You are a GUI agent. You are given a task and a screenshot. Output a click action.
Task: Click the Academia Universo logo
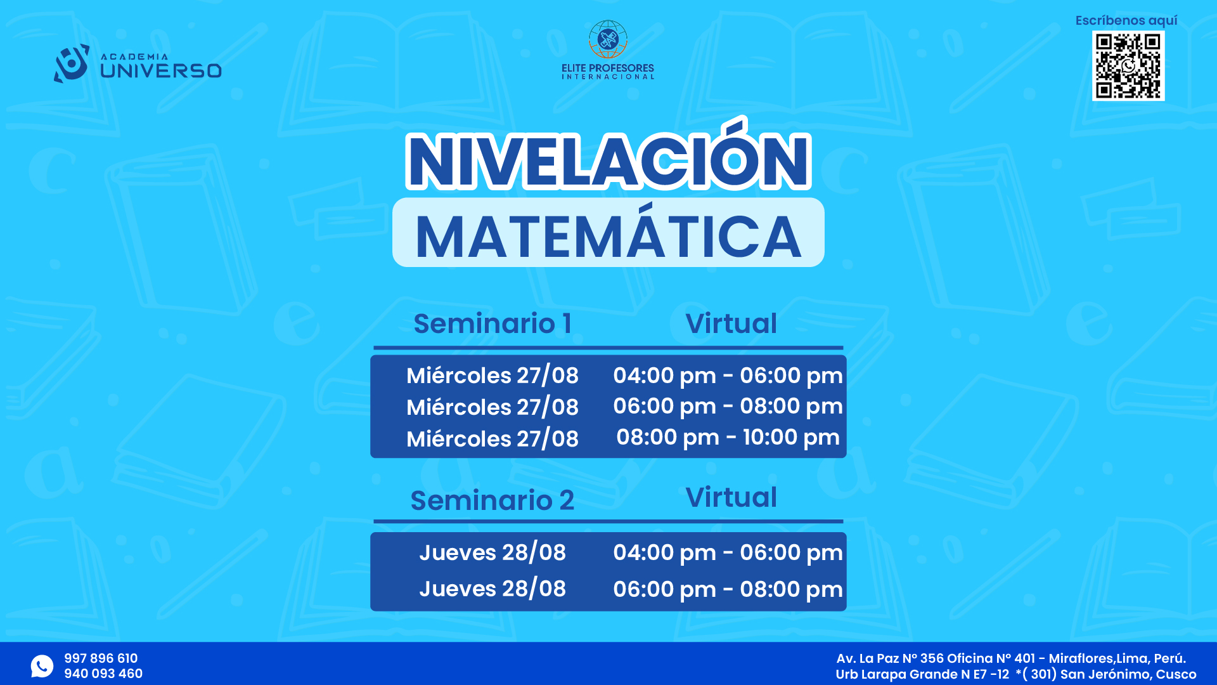(x=138, y=63)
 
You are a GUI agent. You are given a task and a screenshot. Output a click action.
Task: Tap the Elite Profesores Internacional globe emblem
(x=608, y=39)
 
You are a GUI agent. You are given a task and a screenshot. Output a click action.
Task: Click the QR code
(x=1128, y=66)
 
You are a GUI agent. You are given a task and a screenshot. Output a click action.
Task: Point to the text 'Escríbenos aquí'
(x=1126, y=20)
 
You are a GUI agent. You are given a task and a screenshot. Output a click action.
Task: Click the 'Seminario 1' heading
(x=493, y=323)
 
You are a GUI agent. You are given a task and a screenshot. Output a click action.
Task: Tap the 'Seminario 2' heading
(x=493, y=500)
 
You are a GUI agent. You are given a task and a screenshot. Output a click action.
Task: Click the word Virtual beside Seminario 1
(x=731, y=323)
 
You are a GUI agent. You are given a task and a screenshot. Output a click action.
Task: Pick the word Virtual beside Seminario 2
(x=731, y=497)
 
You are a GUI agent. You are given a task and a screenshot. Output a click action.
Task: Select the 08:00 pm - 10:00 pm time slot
(x=728, y=437)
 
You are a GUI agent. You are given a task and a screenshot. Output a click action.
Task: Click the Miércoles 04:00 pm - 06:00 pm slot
(x=728, y=375)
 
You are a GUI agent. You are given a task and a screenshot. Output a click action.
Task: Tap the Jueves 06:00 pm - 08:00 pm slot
(x=728, y=589)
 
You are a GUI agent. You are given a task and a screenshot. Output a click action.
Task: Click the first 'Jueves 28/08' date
(x=493, y=552)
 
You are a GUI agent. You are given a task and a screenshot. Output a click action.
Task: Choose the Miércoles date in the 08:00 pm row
(x=493, y=439)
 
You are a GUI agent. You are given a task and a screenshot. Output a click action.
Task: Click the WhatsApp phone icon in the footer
(x=42, y=666)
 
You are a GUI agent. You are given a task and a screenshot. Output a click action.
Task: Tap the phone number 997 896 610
(x=101, y=658)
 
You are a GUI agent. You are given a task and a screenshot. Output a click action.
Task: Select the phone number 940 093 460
(x=103, y=674)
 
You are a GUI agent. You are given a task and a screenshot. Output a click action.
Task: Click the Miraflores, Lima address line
(x=1011, y=658)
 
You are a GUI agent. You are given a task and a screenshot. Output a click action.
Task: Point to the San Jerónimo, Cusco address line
(x=1016, y=674)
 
